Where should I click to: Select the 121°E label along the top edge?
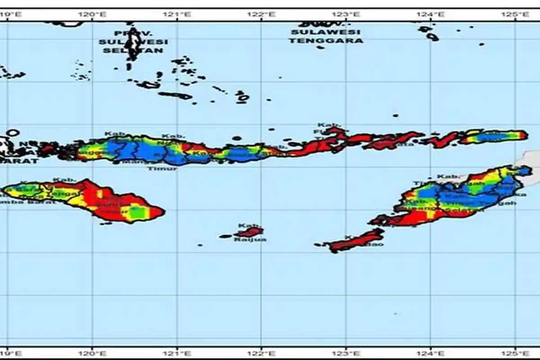[x=177, y=14]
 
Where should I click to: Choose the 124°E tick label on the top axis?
[x=431, y=14]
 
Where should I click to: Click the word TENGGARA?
[x=326, y=40]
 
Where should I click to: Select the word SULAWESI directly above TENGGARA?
[x=326, y=32]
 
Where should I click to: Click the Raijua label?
[x=250, y=239]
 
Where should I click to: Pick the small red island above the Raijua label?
[x=249, y=232]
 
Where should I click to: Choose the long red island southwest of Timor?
[x=355, y=240]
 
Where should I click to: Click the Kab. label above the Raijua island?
[x=244, y=225]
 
